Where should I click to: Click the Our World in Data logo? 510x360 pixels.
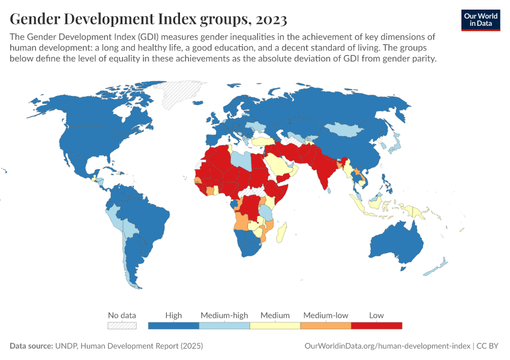tap(480, 20)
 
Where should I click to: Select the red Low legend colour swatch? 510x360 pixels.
tap(376, 325)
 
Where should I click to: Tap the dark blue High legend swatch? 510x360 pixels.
tap(173, 325)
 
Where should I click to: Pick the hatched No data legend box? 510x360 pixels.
tap(122, 325)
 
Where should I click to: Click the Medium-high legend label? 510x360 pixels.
tap(224, 315)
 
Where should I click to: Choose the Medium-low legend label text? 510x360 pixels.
tap(325, 315)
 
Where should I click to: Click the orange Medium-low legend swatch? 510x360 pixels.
tap(325, 325)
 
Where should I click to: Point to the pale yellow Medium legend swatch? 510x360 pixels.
tap(275, 325)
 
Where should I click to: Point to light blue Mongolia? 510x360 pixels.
tap(348, 129)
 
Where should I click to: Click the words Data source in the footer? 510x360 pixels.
tap(31, 346)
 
